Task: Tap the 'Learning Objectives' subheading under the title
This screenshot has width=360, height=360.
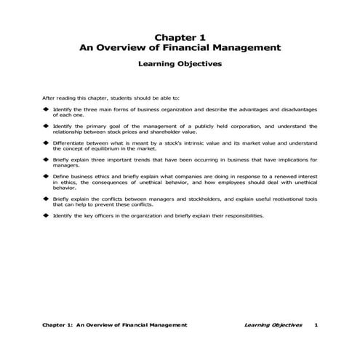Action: pos(180,64)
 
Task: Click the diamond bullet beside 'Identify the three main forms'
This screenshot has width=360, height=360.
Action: pos(45,109)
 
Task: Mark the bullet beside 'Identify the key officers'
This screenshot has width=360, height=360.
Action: pos(45,215)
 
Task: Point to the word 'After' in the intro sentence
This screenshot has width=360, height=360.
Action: pos(49,97)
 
